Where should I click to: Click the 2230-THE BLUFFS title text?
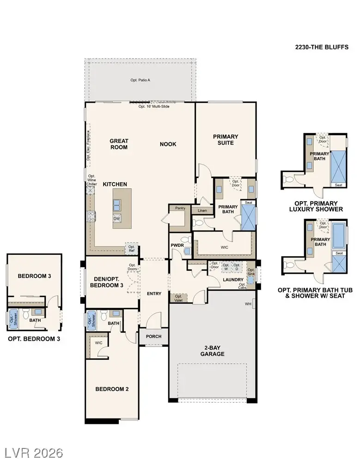coord(322,47)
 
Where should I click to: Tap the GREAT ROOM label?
coord(119,144)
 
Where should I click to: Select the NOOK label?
coord(168,144)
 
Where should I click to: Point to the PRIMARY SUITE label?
coord(226,140)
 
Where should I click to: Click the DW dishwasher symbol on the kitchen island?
coord(117,219)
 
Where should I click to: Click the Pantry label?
coord(180,208)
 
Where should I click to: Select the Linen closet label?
coord(202,211)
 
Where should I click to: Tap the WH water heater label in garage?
coord(248,304)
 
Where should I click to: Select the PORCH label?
coord(153,336)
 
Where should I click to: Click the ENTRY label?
coord(154,294)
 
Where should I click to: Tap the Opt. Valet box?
coord(178,298)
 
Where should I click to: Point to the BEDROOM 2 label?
coord(112,389)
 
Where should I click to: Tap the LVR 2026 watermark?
coord(33,452)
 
